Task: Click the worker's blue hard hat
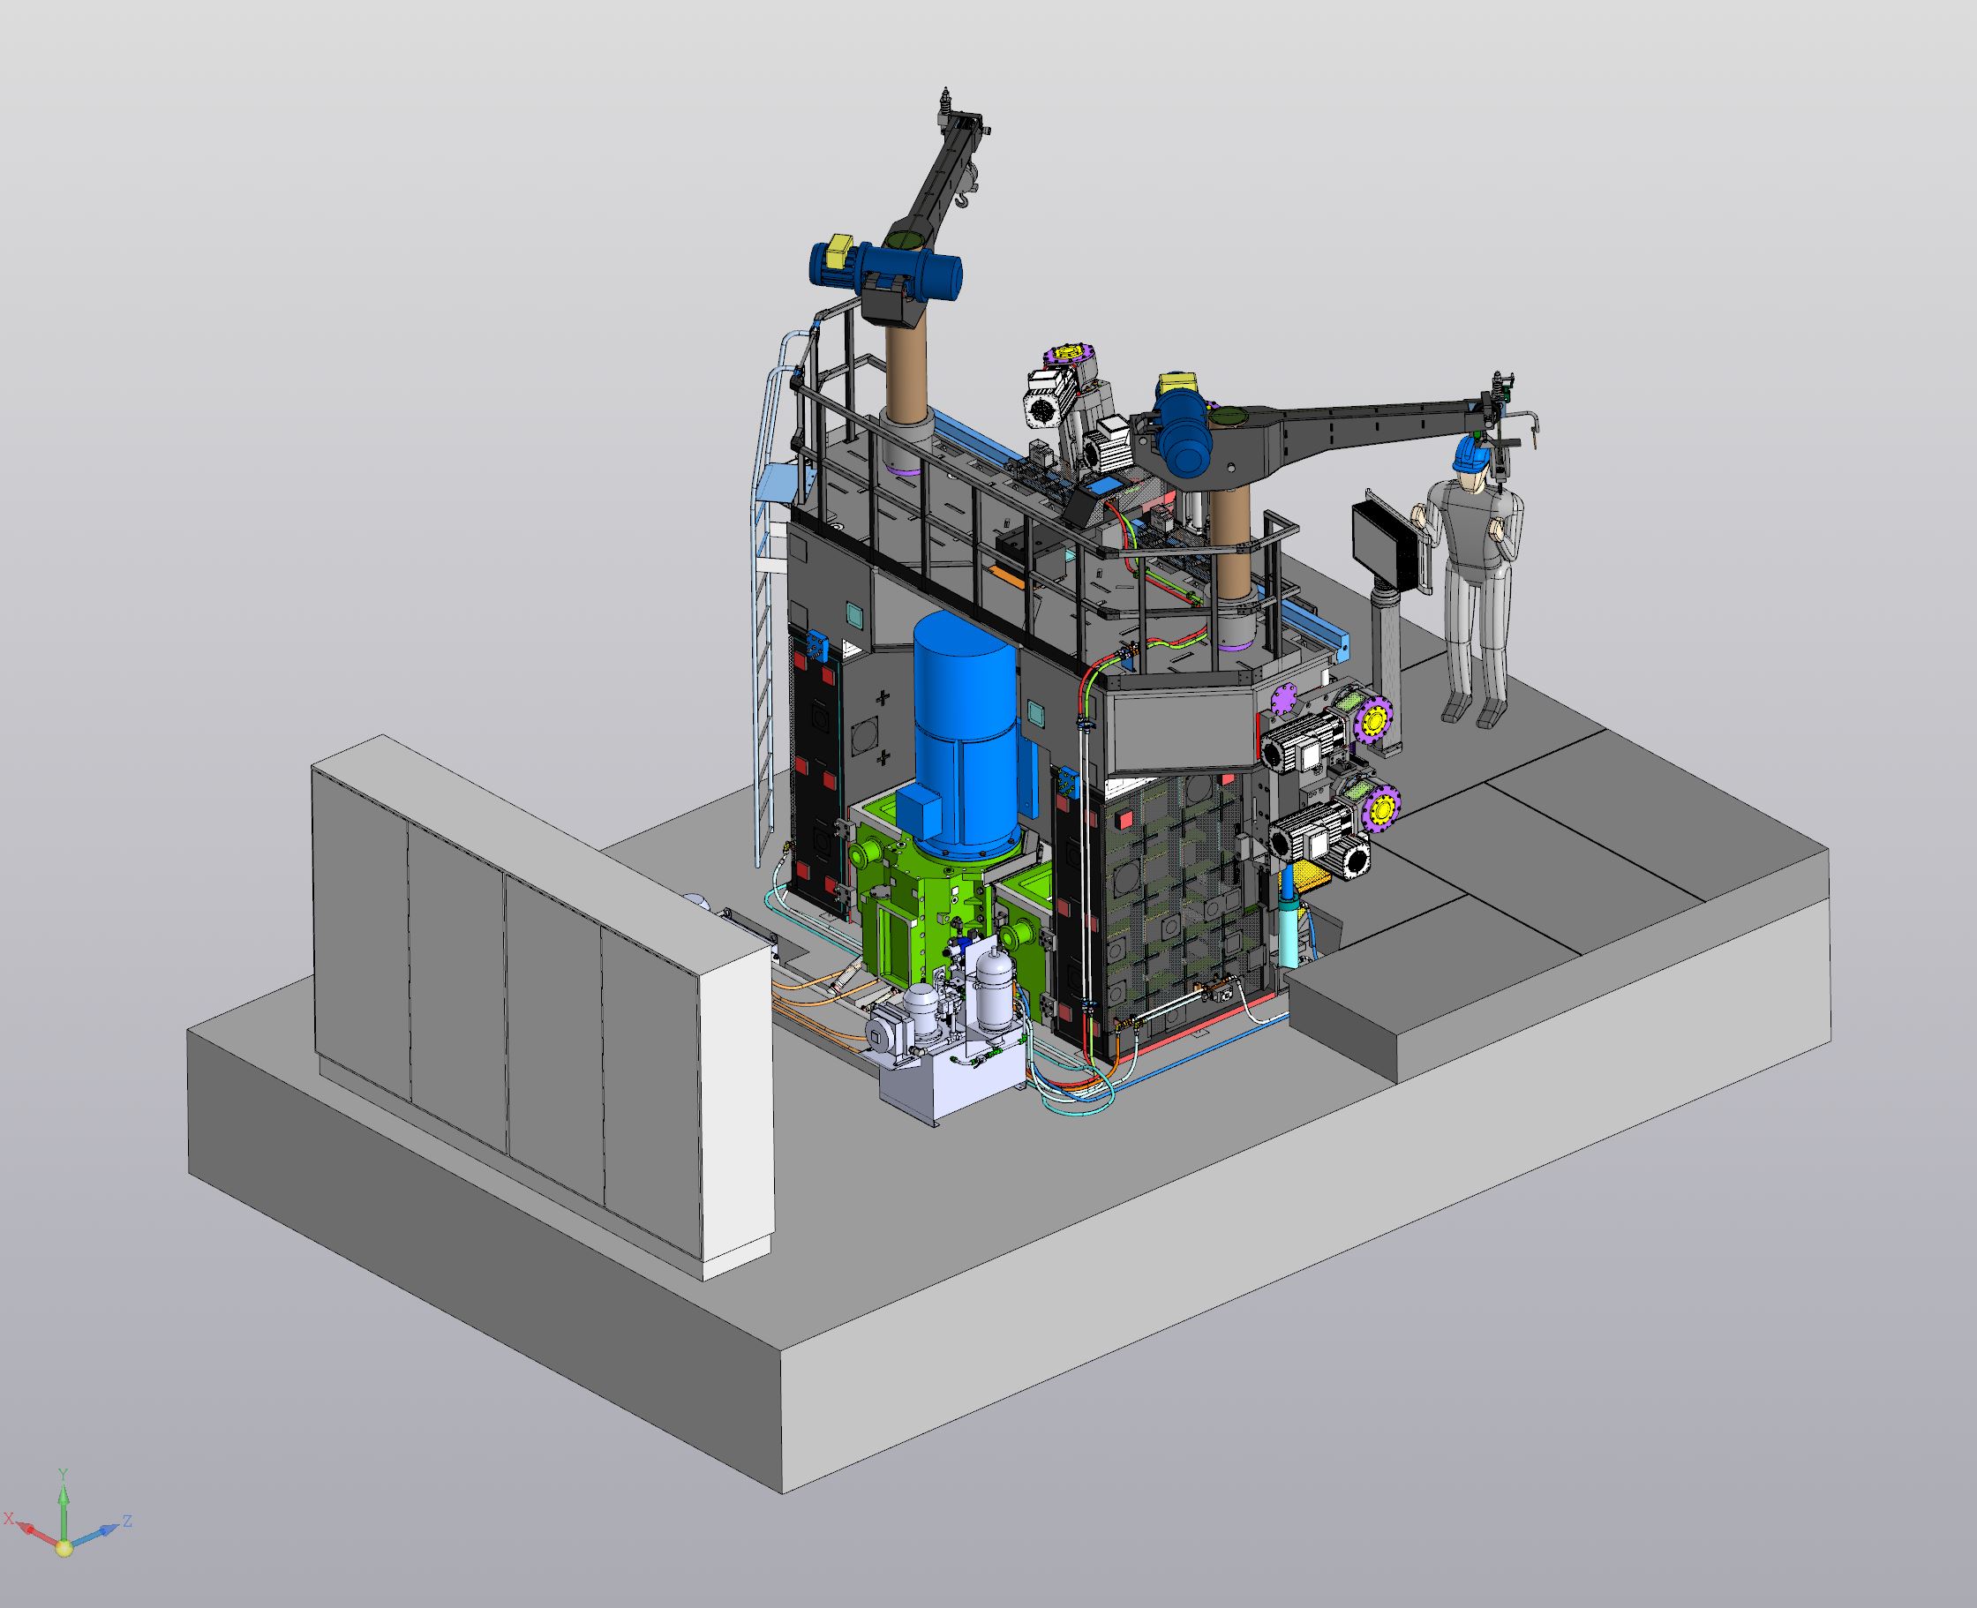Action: (1468, 453)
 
